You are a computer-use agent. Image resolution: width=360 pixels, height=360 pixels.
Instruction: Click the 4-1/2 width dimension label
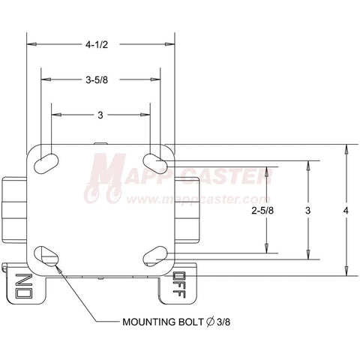point(97,45)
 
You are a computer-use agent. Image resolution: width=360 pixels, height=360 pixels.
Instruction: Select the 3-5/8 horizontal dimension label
point(97,80)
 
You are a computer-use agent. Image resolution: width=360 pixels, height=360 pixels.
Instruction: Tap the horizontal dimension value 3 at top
point(100,115)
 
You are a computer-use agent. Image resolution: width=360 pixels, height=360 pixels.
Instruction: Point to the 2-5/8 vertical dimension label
point(262,211)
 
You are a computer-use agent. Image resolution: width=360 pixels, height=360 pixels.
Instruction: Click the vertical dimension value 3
point(307,211)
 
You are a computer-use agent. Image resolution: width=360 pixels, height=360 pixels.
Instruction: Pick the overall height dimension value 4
point(346,211)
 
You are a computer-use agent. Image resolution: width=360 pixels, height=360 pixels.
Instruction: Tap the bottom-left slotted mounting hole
point(46,256)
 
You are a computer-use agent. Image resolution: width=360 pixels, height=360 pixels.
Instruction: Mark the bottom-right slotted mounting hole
point(155,256)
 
